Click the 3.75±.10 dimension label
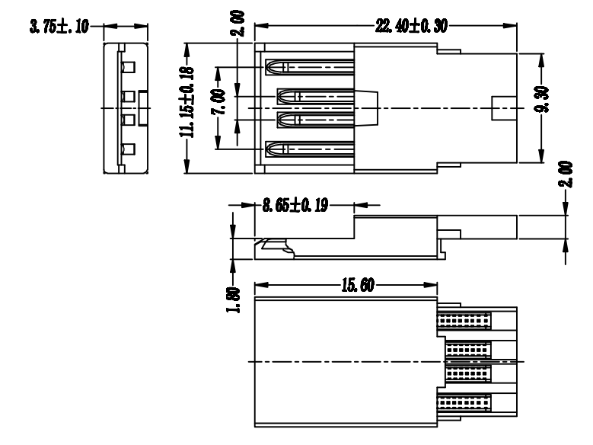pos(59,27)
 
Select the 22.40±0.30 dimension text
pos(411,26)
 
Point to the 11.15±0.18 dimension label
pos(187,102)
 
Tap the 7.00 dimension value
pos(218,101)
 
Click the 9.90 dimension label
pos(541,99)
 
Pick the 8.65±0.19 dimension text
pos(295,205)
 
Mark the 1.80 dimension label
pos(234,299)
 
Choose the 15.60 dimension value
pos(358,285)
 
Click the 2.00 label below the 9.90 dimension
pos(566,174)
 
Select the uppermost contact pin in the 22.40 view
pos(310,67)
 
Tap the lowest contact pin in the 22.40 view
pos(310,149)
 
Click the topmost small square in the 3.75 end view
pos(128,67)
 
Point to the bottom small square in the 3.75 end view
pos(128,149)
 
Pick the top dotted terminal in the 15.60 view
pos(464,321)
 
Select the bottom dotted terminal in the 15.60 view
pos(464,402)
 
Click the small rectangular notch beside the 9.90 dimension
pos(504,108)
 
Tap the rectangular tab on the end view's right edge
pos(143,108)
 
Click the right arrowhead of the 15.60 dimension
pos(430,285)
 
